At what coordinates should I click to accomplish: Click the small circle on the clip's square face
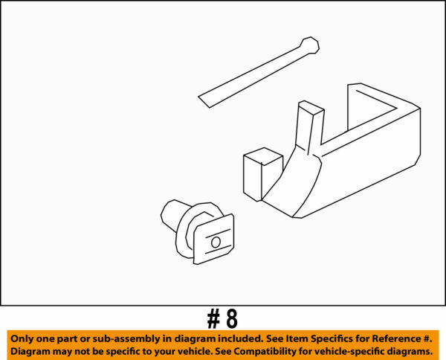point(216,241)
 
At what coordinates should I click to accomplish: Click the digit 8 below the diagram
point(231,319)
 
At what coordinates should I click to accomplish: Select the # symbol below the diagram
point(213,319)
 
